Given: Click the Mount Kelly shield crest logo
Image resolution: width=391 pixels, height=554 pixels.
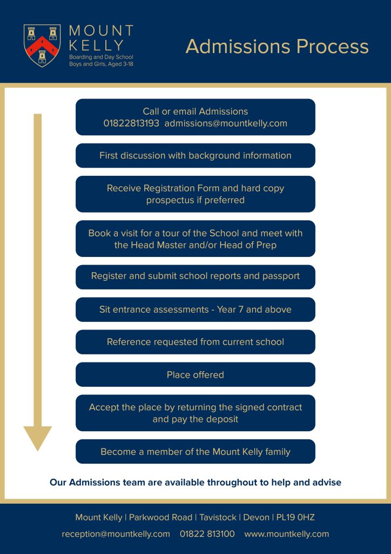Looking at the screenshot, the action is (x=42, y=45).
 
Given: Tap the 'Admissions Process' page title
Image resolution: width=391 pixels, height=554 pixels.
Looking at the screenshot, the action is (x=277, y=47).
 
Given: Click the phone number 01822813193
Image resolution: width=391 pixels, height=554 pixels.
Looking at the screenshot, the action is (x=131, y=123).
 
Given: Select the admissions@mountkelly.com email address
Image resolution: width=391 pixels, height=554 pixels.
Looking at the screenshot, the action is (x=226, y=123).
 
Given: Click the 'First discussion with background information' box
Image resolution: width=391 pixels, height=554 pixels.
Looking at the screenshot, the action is (x=195, y=155).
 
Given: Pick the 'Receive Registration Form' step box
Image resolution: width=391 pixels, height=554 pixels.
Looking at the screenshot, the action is (x=195, y=194).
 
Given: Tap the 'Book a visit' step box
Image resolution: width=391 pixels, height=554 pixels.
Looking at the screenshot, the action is (x=195, y=239).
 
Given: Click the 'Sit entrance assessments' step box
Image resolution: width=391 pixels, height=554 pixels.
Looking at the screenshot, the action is (x=195, y=309).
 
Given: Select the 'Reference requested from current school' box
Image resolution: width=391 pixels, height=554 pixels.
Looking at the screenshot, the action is (x=195, y=342).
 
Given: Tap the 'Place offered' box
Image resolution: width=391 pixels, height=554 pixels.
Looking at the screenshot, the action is (x=195, y=374).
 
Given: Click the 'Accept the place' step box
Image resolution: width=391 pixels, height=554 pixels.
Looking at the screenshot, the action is (x=195, y=413).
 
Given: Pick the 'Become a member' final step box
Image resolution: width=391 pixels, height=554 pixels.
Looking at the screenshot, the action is (x=195, y=452).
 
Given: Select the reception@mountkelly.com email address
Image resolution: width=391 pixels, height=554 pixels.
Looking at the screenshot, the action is (x=116, y=534).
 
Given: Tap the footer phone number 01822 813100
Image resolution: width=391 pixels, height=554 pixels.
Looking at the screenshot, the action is (x=207, y=534).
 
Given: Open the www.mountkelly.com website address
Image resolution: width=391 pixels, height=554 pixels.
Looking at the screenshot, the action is (x=287, y=534).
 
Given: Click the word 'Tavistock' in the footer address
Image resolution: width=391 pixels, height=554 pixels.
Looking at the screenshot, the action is (x=218, y=518).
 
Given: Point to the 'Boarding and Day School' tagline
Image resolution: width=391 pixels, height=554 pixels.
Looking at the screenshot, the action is (x=101, y=57).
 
